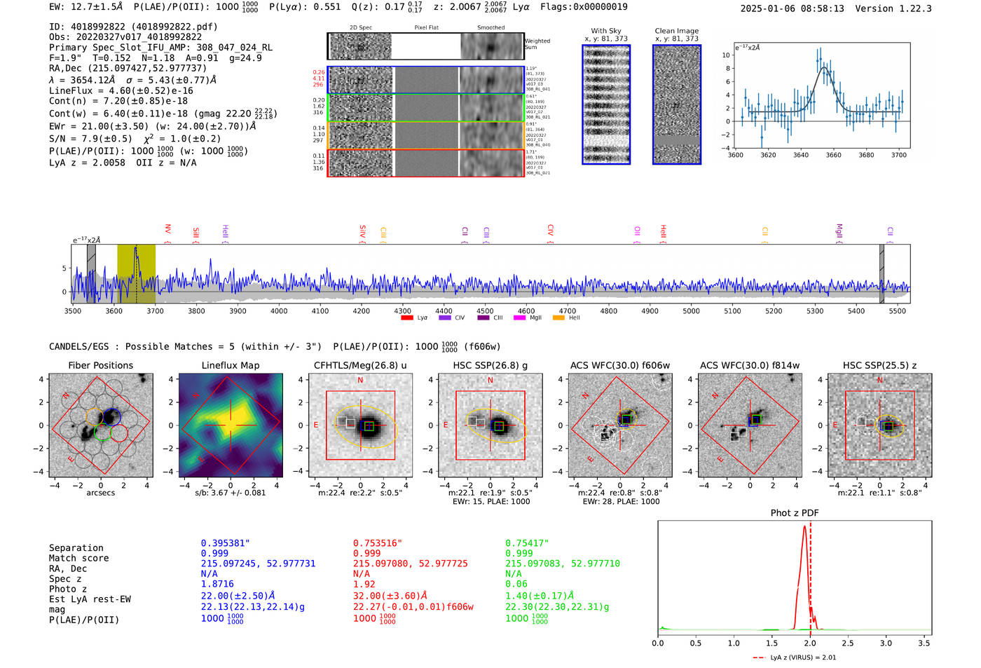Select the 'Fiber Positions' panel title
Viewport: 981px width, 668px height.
(x=100, y=365)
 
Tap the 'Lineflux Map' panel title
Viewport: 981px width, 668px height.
(x=230, y=365)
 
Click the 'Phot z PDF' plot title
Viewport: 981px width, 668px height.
(x=794, y=512)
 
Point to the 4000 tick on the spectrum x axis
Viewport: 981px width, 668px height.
(x=279, y=311)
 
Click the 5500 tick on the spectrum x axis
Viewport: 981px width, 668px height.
(x=897, y=311)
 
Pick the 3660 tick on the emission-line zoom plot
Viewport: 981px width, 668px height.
(x=833, y=155)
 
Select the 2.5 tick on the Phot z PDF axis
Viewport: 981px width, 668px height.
(x=848, y=643)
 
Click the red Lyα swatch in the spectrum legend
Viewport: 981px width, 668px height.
(x=407, y=318)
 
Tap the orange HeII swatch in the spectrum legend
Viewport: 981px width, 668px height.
(x=558, y=318)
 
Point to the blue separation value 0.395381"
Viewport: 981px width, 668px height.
(x=225, y=543)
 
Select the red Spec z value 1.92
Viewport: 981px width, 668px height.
(x=364, y=584)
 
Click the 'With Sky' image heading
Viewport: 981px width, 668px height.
(x=606, y=31)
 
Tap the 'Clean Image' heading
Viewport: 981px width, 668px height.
(x=676, y=31)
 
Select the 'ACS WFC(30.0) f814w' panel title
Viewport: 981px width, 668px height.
(x=749, y=365)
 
